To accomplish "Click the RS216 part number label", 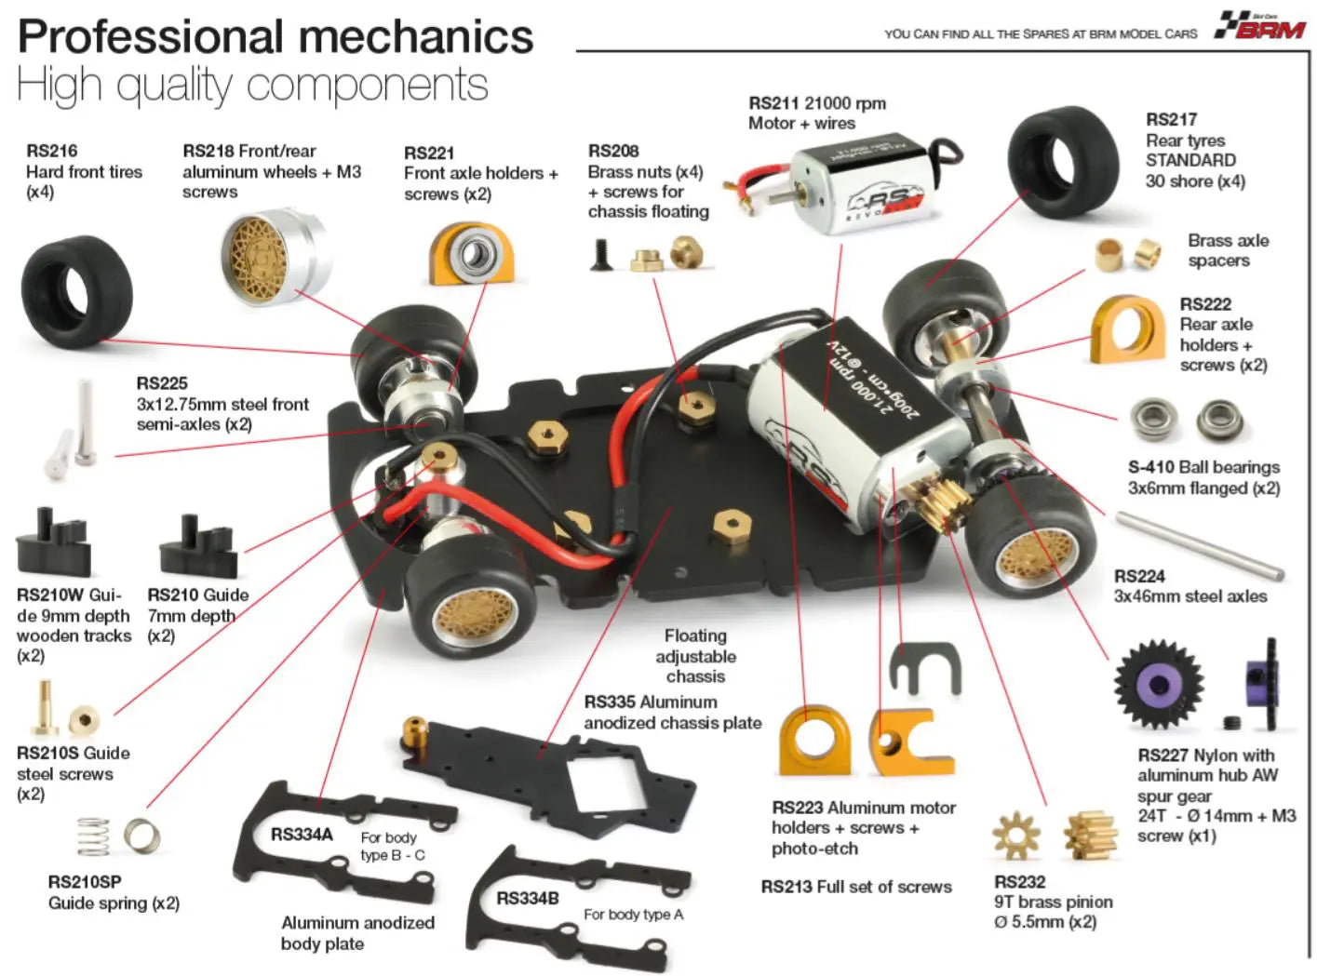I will (52, 151).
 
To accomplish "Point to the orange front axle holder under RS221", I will (471, 253).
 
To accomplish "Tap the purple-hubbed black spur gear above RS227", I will (1159, 684).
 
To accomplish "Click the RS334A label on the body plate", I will (302, 835).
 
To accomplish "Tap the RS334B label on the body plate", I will (528, 898).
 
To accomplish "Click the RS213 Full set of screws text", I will (856, 887).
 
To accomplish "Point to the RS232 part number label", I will (1019, 881).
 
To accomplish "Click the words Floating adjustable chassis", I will (695, 656).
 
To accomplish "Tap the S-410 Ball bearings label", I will (1203, 467).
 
